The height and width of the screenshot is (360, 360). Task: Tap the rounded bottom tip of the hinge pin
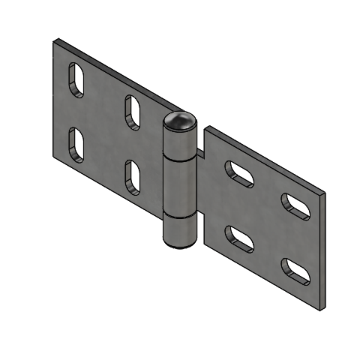pyautogui.click(x=179, y=243)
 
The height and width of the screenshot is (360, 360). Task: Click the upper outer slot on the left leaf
pyautogui.click(x=76, y=80)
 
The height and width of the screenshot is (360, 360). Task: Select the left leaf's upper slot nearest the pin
pyautogui.click(x=133, y=112)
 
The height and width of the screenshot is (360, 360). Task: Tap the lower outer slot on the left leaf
pyautogui.click(x=76, y=145)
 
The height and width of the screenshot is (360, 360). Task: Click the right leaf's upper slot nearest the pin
pyautogui.click(x=239, y=173)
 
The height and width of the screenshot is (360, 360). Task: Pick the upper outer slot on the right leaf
pyautogui.click(x=296, y=206)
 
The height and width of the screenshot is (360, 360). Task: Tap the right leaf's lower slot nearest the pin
pyautogui.click(x=239, y=239)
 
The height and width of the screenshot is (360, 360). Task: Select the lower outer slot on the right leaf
pyautogui.click(x=296, y=271)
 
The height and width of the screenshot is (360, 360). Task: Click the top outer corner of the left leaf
pyautogui.click(x=55, y=41)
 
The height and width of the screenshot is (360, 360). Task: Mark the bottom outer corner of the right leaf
pyautogui.click(x=319, y=310)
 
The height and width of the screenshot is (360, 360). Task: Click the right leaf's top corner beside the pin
pyautogui.click(x=208, y=128)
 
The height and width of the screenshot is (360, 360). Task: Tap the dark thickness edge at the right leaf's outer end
pyautogui.click(x=322, y=252)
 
